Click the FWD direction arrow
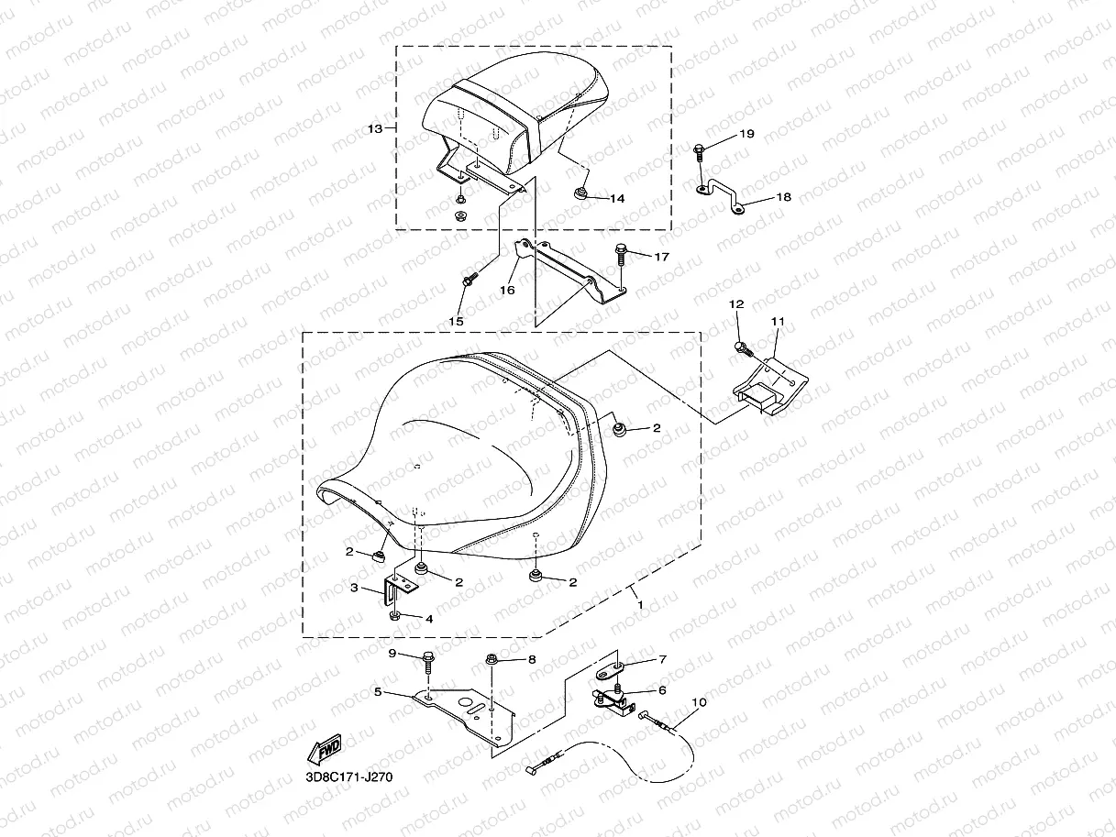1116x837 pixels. click(x=325, y=749)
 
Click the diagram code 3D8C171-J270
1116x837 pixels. click(x=348, y=777)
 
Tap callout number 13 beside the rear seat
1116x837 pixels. click(x=375, y=129)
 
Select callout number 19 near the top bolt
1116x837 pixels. click(x=746, y=134)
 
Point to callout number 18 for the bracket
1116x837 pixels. click(x=784, y=197)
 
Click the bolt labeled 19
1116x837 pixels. click(x=699, y=152)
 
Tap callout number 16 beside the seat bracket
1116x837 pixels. click(x=507, y=291)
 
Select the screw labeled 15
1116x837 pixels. click(x=470, y=279)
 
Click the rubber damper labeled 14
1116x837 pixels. click(x=580, y=193)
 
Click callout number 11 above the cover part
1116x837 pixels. click(x=778, y=321)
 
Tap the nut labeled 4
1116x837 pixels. click(x=394, y=616)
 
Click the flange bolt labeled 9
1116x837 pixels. click(x=427, y=662)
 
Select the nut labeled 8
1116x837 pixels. click(x=492, y=659)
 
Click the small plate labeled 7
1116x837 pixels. click(x=609, y=671)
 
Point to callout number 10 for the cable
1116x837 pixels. click(x=699, y=702)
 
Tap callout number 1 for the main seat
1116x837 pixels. click(x=640, y=605)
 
